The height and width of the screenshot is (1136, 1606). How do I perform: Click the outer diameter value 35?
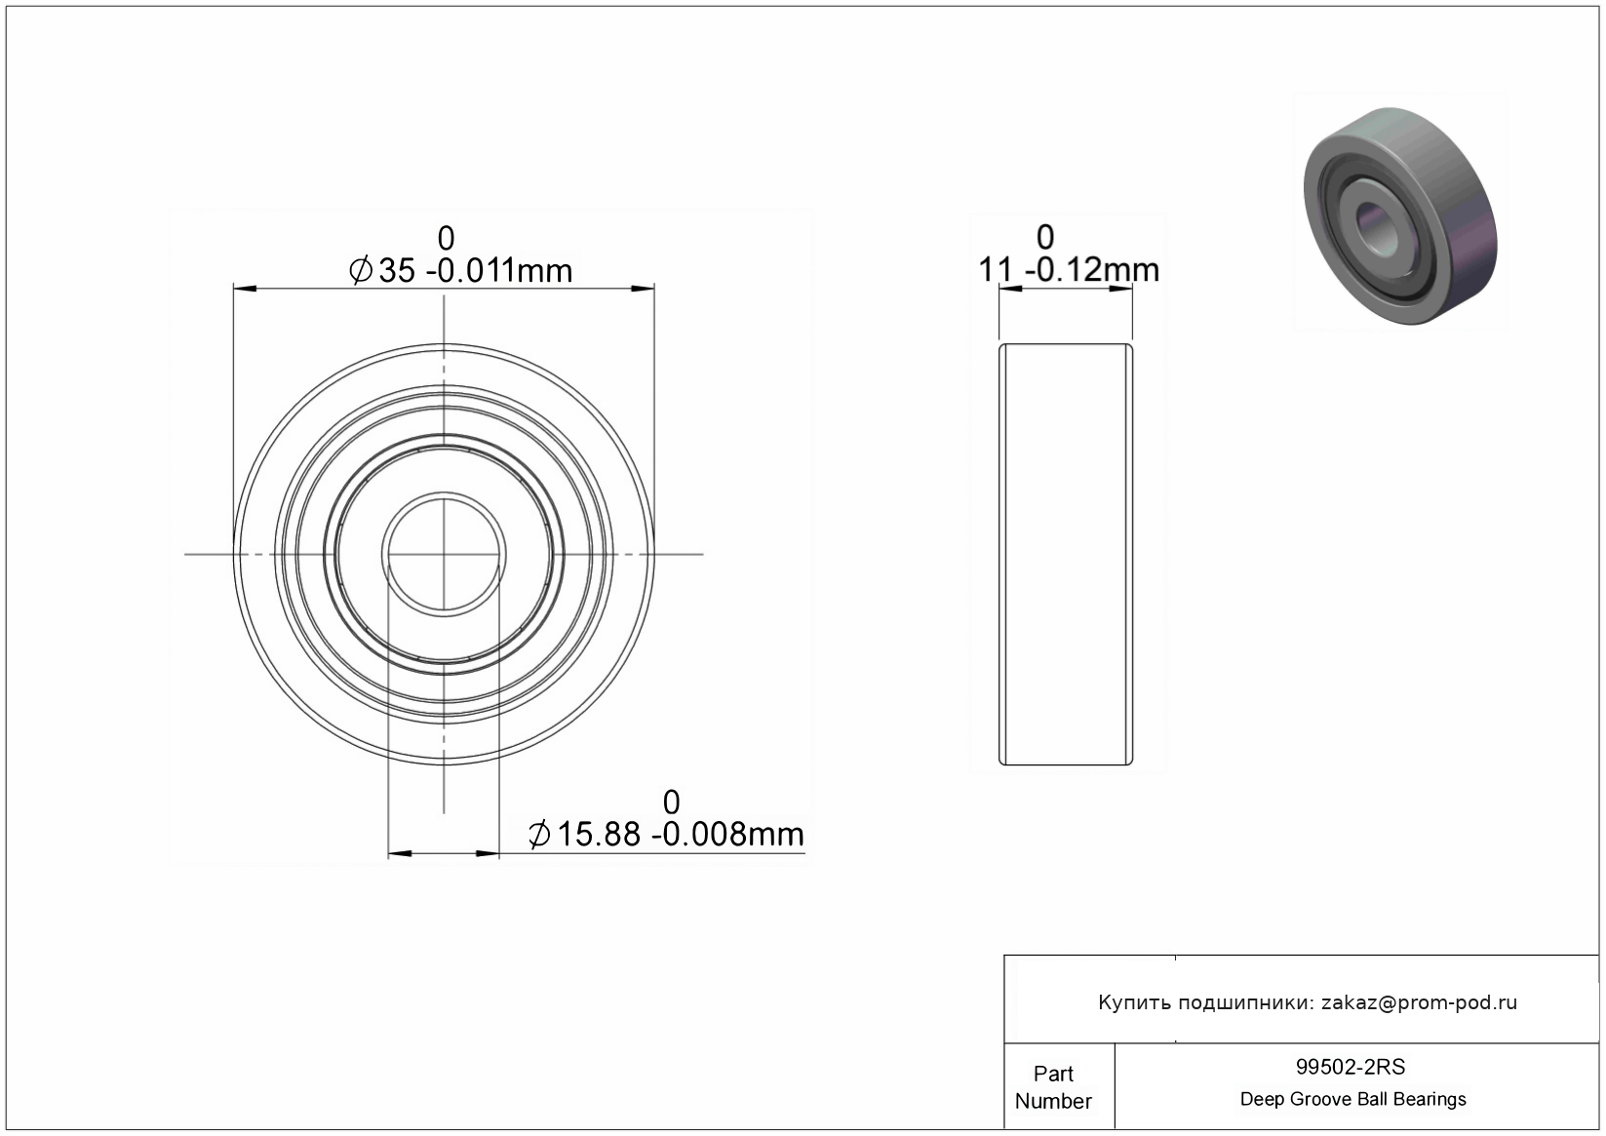(x=397, y=271)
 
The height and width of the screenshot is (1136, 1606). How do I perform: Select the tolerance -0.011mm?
(x=499, y=271)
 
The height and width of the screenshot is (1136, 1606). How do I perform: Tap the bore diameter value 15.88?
(x=599, y=835)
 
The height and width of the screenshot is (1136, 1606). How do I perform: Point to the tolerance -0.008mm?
(x=727, y=835)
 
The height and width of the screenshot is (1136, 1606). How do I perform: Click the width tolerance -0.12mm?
(x=1092, y=270)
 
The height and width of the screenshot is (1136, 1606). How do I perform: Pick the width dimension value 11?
(x=996, y=270)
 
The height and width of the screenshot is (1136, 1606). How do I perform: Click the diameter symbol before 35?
(x=361, y=271)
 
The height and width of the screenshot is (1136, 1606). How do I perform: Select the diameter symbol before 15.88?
(x=539, y=835)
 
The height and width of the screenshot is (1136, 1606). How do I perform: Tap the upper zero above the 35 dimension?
(x=446, y=238)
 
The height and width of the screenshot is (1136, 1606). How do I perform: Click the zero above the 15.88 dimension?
(x=671, y=803)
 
